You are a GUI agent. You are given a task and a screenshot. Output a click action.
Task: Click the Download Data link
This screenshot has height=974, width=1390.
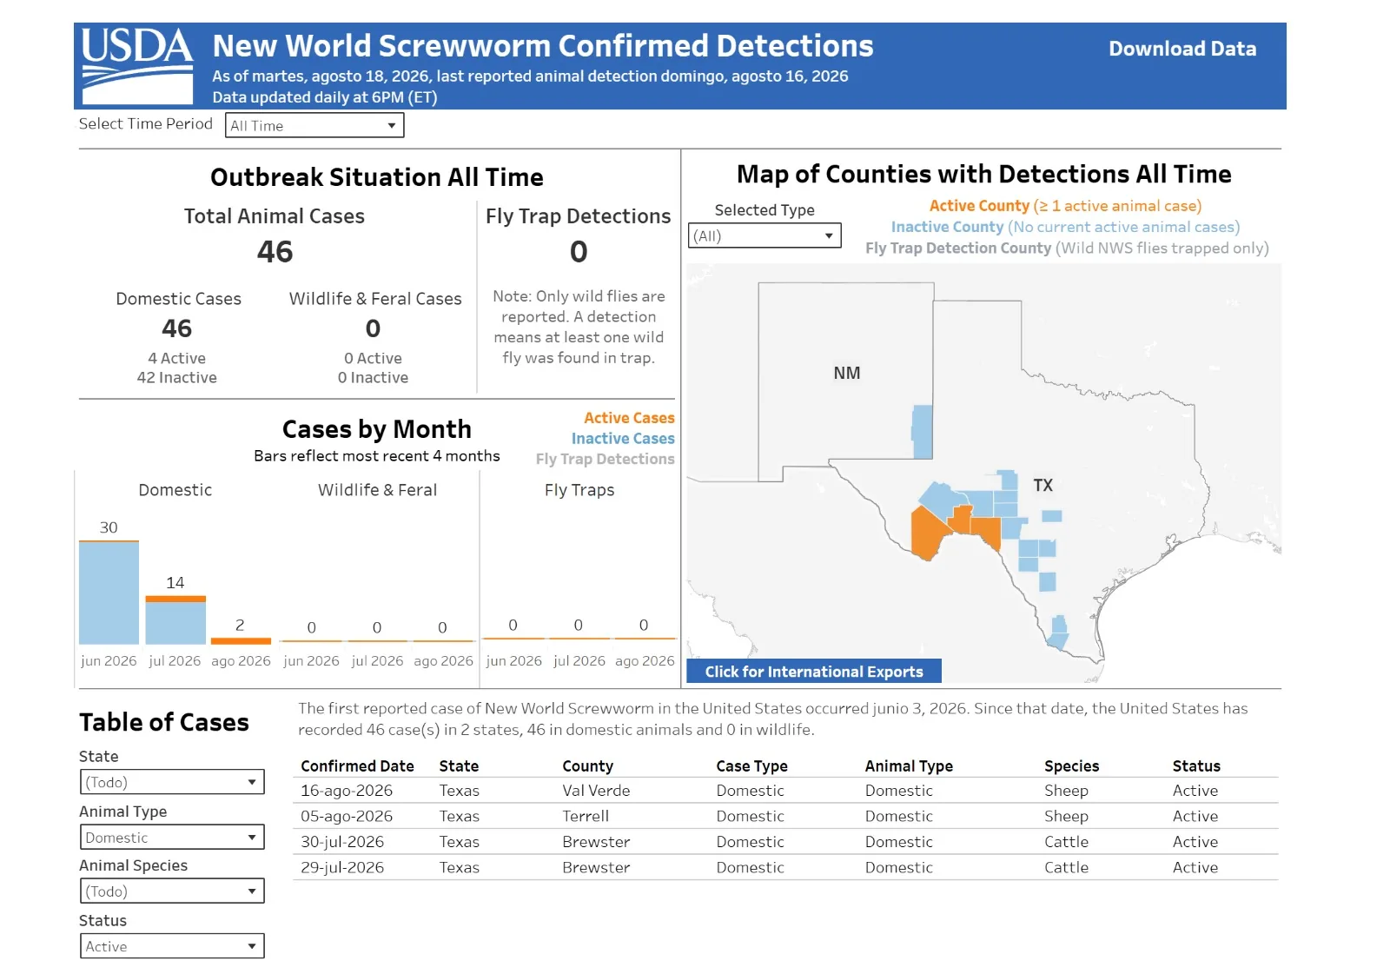click(1182, 49)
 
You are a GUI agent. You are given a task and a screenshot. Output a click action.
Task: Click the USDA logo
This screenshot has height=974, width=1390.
click(137, 65)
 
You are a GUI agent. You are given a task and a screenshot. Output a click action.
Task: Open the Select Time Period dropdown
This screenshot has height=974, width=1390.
click(314, 125)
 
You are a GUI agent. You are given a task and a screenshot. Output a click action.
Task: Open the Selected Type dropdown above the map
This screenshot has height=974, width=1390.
click(764, 235)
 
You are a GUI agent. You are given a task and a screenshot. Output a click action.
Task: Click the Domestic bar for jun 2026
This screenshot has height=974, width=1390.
click(109, 593)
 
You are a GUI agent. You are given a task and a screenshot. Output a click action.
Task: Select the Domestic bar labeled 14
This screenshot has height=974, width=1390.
click(175, 620)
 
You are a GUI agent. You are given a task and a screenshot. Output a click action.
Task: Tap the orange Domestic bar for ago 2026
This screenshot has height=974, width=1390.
click(241, 640)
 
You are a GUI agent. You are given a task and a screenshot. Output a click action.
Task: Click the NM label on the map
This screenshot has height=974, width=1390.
click(846, 373)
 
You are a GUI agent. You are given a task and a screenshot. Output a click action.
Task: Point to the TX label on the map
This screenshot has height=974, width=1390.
click(1043, 485)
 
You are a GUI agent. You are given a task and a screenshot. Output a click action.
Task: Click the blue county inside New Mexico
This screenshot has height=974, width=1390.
click(922, 432)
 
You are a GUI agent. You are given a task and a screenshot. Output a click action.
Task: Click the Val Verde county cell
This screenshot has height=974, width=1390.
click(596, 791)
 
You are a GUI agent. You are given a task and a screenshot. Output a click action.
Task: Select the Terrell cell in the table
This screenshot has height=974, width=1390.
click(586, 816)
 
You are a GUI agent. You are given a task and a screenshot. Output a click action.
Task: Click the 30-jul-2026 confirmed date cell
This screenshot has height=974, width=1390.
click(342, 842)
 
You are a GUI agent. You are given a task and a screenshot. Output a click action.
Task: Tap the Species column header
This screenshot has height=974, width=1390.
click(1071, 766)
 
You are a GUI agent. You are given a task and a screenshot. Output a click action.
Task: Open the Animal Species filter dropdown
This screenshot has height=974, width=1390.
click(172, 891)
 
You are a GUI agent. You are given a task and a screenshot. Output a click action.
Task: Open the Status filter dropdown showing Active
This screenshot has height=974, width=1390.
click(172, 946)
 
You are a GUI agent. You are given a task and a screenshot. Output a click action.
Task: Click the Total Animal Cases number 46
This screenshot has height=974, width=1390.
click(275, 251)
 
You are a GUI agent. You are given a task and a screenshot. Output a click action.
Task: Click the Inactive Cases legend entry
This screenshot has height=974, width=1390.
click(622, 438)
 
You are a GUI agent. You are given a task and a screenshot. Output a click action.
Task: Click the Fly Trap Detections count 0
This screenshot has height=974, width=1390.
click(579, 251)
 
